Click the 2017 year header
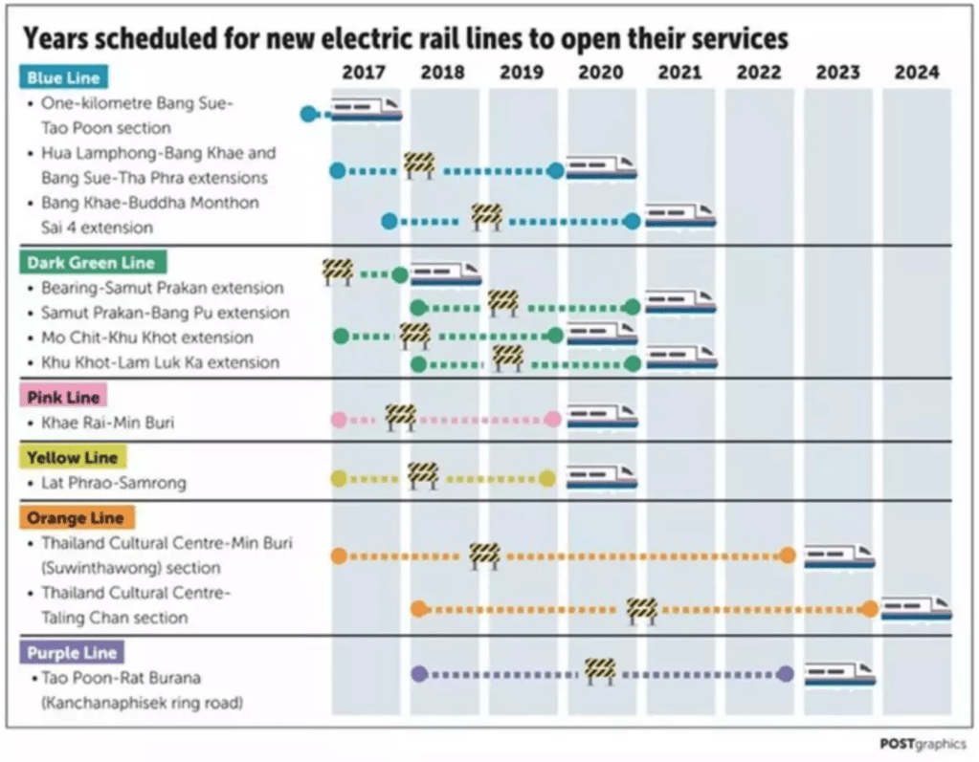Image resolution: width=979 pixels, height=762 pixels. (364, 72)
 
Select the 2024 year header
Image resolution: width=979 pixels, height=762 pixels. (917, 72)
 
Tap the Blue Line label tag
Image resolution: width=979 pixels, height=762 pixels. (63, 77)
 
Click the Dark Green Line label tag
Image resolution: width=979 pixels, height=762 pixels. (90, 262)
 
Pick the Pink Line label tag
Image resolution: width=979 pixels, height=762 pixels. (63, 397)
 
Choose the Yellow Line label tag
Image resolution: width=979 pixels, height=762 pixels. (73, 457)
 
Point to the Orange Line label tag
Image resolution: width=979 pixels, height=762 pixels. (75, 517)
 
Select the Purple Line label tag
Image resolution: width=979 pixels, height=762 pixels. (72, 653)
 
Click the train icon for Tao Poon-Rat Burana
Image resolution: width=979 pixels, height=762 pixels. (839, 673)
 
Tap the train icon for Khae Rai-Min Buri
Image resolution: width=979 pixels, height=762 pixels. (602, 418)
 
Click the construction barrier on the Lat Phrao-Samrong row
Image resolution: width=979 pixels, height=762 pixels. (422, 474)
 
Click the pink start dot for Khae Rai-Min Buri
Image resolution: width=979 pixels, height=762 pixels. (338, 419)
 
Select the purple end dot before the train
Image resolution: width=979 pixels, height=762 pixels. (786, 673)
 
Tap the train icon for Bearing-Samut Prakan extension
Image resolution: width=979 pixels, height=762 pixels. (446, 273)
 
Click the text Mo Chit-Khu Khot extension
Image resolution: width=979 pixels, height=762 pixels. (147, 337)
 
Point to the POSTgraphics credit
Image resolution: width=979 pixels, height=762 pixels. (922, 744)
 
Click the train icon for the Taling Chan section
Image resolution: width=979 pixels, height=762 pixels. (916, 608)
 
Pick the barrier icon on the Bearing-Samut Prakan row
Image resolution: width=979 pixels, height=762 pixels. (337, 272)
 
